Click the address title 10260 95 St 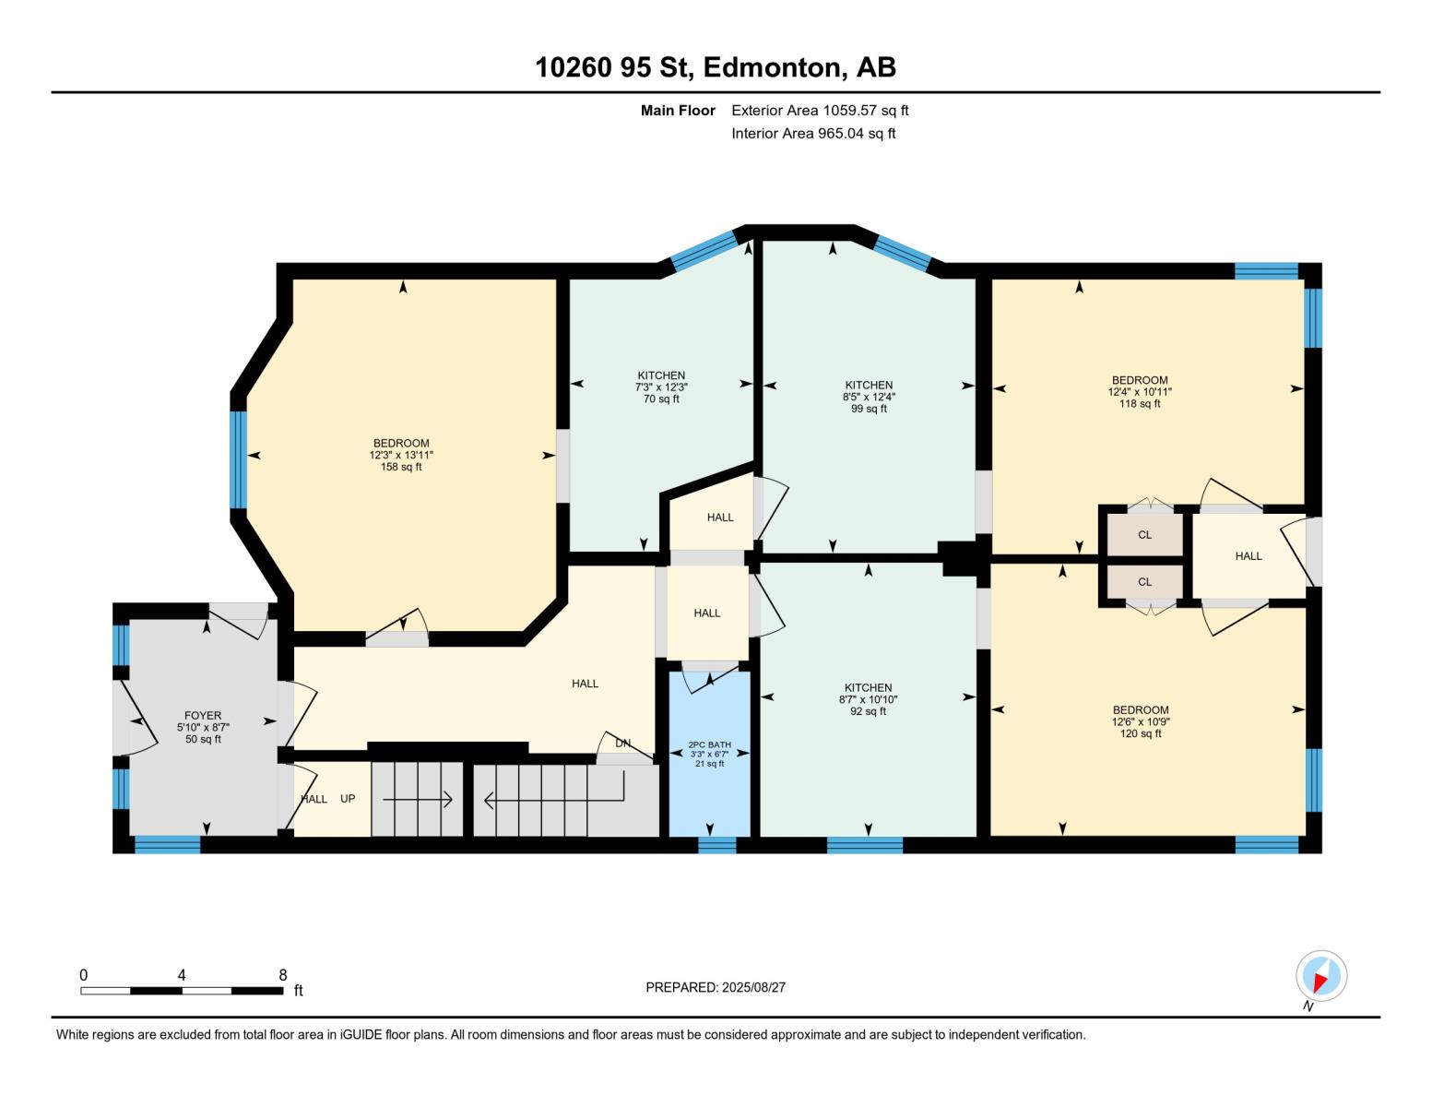click(716, 67)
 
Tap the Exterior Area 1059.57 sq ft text click(820, 110)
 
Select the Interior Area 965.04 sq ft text click(813, 133)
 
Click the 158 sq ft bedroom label click(401, 455)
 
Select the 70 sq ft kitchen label click(661, 387)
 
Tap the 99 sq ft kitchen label click(869, 397)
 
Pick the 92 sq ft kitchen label click(868, 699)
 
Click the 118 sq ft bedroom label click(1140, 391)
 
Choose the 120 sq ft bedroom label click(1140, 721)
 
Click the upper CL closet click(1144, 535)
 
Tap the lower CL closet click(1144, 582)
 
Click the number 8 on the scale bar click(283, 975)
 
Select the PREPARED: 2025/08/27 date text click(716, 987)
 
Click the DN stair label click(623, 743)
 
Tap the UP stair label click(348, 799)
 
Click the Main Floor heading click(678, 110)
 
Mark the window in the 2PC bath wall click(716, 845)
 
